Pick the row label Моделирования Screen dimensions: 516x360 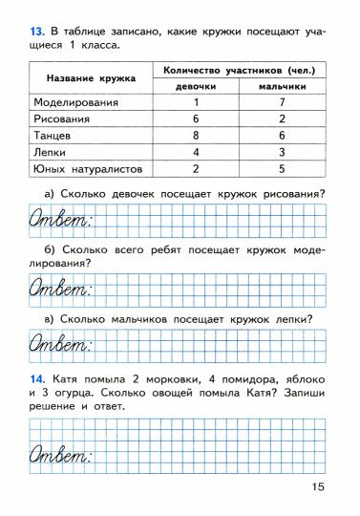click(75, 102)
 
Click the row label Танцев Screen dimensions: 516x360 click(53, 136)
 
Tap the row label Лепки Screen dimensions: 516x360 click(51, 152)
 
